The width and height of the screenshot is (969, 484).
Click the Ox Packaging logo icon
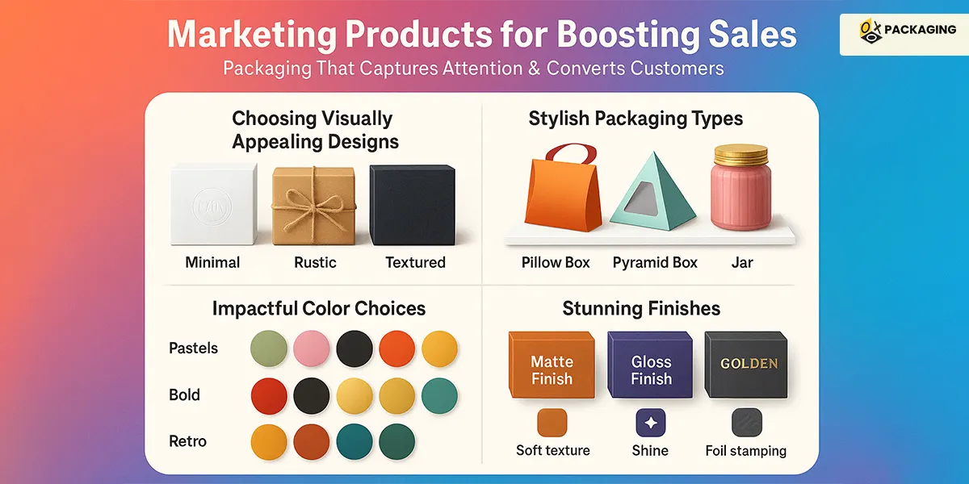tap(870, 31)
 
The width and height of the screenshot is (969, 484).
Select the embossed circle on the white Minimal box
tap(212, 207)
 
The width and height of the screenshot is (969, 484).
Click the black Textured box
tap(413, 205)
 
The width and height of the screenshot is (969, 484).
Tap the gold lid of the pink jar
tap(741, 156)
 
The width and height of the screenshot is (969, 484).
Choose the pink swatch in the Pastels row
tap(312, 348)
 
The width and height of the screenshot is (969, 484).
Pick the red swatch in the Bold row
tap(269, 396)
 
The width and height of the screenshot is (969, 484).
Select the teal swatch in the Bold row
tap(439, 396)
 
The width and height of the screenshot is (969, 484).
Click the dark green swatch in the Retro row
tap(397, 442)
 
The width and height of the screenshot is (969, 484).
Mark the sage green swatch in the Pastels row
tap(269, 348)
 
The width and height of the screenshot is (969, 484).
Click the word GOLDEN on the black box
tap(749, 364)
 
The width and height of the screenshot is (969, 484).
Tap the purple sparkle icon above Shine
tap(651, 423)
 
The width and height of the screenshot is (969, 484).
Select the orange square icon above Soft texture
tap(552, 423)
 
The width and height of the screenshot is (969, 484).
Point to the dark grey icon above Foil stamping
tap(747, 423)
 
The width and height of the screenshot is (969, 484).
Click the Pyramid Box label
tap(655, 263)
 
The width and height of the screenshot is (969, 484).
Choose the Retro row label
tap(187, 441)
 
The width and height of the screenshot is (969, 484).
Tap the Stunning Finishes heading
tap(641, 309)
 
